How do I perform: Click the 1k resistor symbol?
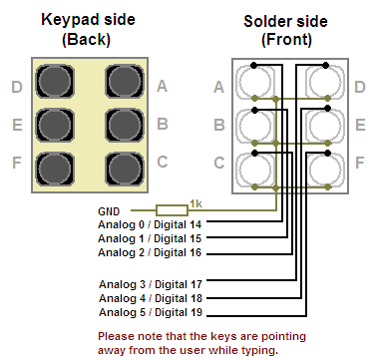[x=172, y=209]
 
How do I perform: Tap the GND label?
[x=109, y=210]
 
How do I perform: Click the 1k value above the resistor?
[x=195, y=202]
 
